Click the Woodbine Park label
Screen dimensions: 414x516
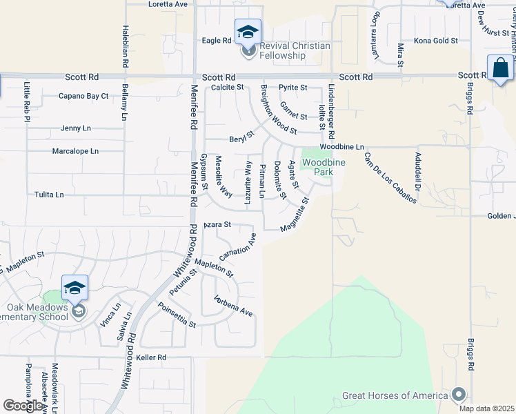click(317, 167)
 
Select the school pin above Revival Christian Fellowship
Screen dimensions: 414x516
click(248, 31)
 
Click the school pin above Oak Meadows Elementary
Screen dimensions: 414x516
click(75, 288)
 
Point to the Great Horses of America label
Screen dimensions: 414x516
click(394, 396)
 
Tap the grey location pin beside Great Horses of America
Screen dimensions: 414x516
click(458, 395)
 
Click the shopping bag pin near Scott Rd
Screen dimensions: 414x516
click(500, 68)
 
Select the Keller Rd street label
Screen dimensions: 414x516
click(151, 357)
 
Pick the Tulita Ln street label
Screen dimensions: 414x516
click(49, 195)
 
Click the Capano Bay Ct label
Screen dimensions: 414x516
click(83, 96)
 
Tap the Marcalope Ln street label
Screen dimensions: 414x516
click(76, 150)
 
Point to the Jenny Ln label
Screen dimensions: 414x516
click(76, 128)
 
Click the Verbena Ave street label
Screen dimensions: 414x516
click(233, 307)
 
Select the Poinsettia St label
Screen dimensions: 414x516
click(177, 315)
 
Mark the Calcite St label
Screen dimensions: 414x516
click(228, 88)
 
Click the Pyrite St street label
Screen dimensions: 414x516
click(293, 88)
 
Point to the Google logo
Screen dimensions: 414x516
click(23, 406)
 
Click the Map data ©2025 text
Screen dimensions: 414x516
click(486, 408)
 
